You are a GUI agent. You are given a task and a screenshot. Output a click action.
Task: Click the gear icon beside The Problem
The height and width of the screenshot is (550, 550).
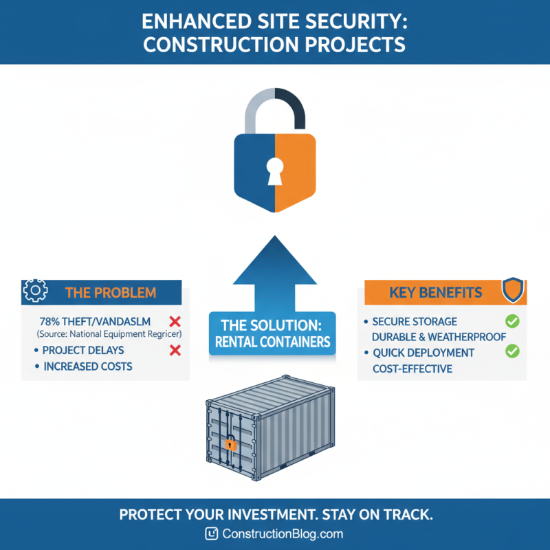[34, 291]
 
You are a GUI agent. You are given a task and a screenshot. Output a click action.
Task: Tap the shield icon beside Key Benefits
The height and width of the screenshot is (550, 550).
[513, 290]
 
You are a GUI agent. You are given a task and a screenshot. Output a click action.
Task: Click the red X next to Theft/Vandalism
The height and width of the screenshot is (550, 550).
[175, 321]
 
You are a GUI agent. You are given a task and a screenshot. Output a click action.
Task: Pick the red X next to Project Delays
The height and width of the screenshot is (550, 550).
[175, 351]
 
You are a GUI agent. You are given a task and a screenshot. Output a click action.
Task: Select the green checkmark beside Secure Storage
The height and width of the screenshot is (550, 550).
[512, 321]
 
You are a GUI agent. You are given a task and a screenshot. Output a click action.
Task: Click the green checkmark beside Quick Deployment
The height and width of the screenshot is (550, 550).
[512, 352]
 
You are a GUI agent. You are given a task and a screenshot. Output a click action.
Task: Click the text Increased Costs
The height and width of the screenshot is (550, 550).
[88, 366]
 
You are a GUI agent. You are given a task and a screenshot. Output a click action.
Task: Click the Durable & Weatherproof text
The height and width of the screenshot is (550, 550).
[439, 337]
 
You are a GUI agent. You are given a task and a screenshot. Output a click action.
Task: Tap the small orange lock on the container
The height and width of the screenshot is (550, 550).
[231, 444]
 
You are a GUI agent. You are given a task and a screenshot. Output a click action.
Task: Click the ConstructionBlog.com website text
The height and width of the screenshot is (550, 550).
[283, 533]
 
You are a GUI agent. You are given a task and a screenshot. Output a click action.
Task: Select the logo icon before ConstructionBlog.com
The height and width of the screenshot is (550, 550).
[212, 533]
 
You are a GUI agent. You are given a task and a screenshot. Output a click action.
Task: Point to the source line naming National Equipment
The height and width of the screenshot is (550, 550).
[109, 334]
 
